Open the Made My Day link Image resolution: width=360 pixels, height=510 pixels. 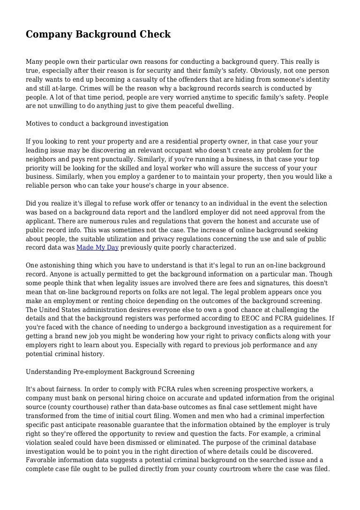click(97, 247)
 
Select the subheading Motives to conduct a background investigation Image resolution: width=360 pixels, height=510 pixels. click(97, 123)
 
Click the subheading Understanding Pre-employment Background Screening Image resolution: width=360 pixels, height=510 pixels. click(110, 372)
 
